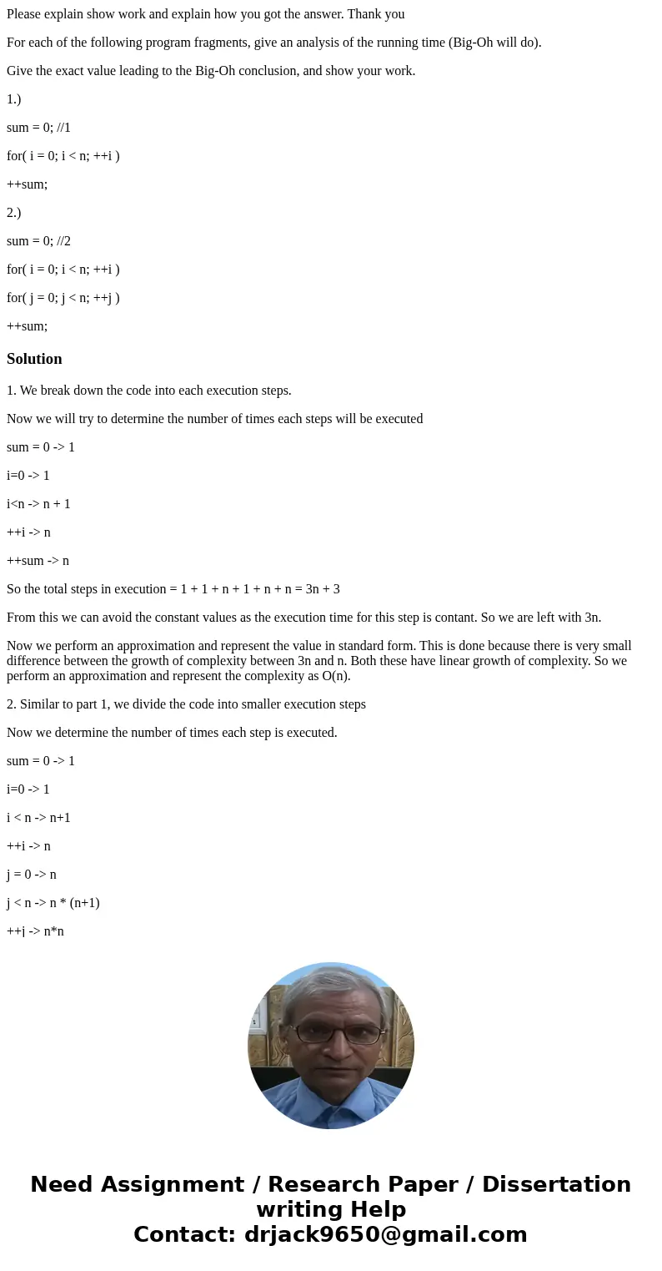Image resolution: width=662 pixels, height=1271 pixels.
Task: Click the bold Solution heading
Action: point(34,359)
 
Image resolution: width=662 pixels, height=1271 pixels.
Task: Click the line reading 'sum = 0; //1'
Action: point(38,128)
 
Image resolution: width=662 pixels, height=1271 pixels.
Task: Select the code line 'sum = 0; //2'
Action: point(38,241)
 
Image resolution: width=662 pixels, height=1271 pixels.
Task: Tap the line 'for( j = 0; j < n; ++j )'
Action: point(63,298)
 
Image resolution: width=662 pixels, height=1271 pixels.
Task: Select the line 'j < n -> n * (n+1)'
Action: point(53,903)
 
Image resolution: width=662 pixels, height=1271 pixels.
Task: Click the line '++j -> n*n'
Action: point(35,931)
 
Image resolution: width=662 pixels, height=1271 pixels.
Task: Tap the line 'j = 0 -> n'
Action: point(32,875)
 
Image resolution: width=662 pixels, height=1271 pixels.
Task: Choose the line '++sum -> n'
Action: point(38,561)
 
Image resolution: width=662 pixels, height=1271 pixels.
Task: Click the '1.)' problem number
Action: point(14,99)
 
